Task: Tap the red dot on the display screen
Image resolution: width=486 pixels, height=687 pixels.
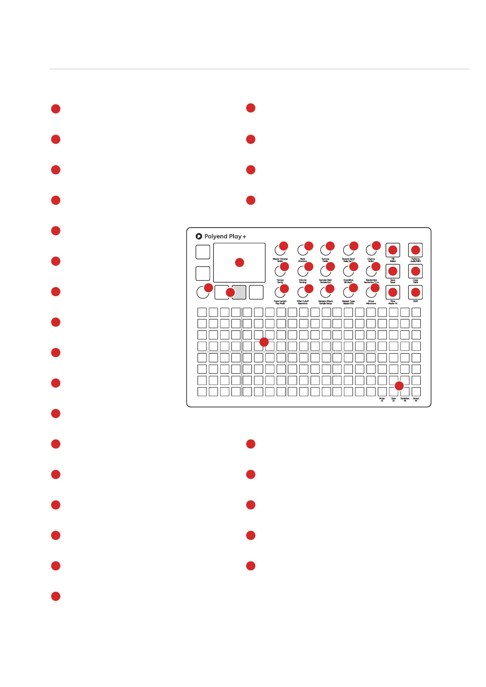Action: coord(240,263)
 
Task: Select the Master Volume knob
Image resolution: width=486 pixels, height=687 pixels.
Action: coord(280,250)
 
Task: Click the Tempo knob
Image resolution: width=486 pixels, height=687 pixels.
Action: coord(280,271)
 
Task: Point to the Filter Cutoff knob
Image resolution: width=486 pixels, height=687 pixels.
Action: coord(303,292)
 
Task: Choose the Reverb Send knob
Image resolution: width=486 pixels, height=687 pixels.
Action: coord(348,250)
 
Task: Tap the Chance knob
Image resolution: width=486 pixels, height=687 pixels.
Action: coord(371,249)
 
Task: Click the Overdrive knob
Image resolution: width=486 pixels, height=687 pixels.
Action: coord(348,271)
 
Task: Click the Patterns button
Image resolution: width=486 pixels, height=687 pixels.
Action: coord(415,250)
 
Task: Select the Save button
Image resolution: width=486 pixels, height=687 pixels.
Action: coord(393,271)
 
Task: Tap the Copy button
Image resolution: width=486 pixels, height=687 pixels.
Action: coord(415,271)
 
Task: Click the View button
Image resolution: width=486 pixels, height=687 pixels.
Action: coord(393,293)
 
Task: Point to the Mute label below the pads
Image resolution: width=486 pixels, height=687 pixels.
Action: coord(382,399)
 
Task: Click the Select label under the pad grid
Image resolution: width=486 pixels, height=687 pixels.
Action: coord(416,399)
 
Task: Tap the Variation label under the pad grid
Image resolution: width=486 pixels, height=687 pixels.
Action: coord(405,399)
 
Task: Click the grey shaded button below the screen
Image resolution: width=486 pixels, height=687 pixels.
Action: coord(239,293)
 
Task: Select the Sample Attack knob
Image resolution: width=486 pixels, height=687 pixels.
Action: coord(325,292)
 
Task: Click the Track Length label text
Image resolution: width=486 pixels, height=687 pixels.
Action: coord(280,301)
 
